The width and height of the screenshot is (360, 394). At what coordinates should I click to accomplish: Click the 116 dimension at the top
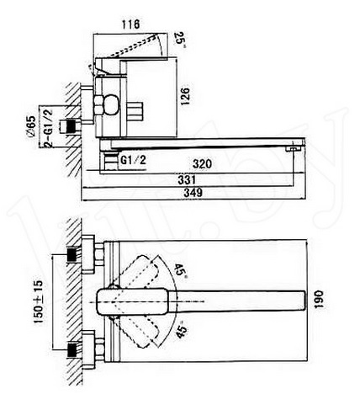(x=130, y=24)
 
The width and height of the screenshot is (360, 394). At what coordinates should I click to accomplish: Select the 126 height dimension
(x=185, y=97)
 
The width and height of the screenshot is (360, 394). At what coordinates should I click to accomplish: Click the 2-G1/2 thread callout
(x=48, y=128)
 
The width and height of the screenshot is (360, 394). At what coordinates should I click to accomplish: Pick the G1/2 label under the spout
(x=134, y=160)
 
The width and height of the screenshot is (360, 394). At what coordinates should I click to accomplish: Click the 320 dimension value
(x=202, y=163)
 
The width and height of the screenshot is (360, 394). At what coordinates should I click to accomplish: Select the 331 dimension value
(x=187, y=180)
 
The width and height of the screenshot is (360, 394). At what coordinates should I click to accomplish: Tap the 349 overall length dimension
(x=193, y=193)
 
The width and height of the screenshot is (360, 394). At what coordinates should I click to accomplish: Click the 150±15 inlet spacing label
(x=39, y=301)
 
